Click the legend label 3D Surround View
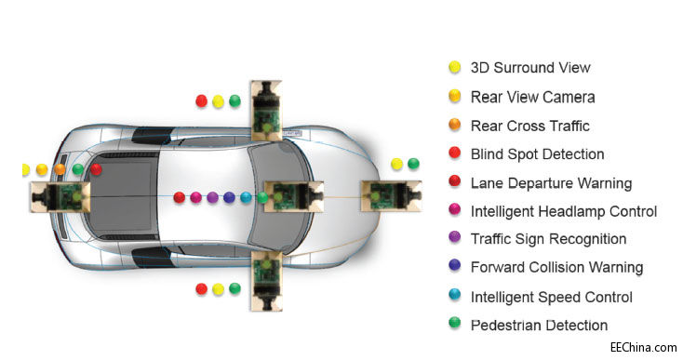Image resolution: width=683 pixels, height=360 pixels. click(x=529, y=68)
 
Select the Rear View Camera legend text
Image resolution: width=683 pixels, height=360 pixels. click(x=532, y=97)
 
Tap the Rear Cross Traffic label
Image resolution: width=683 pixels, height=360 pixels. click(x=529, y=126)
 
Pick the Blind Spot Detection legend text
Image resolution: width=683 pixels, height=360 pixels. click(x=537, y=154)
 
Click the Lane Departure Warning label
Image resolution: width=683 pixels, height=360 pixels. click(x=551, y=183)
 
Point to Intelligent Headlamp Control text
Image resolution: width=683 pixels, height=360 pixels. click(x=564, y=211)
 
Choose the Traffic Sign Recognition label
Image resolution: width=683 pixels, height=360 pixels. click(x=548, y=239)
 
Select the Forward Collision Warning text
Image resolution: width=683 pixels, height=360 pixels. click(x=556, y=268)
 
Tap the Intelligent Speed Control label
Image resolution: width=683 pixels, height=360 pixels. click(x=551, y=298)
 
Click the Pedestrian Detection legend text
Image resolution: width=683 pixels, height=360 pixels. click(x=539, y=326)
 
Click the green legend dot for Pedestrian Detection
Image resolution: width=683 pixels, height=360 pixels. click(x=454, y=326)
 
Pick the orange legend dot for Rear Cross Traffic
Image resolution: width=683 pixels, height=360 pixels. click(x=454, y=126)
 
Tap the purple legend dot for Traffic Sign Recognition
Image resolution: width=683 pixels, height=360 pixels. click(x=454, y=239)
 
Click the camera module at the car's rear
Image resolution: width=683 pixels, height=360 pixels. click(x=60, y=196)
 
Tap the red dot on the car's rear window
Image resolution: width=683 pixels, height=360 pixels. click(x=97, y=169)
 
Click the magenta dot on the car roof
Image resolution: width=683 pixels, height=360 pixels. click(x=195, y=197)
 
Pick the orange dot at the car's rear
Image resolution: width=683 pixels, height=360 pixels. click(x=60, y=169)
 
